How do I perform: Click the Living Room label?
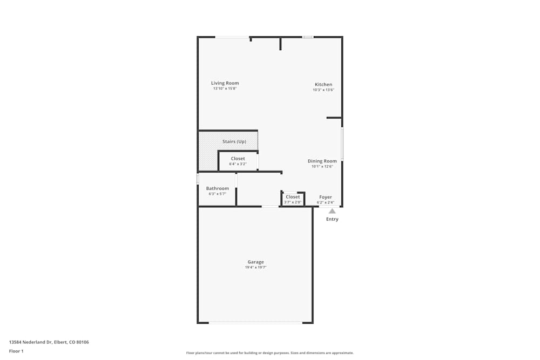pos(225,83)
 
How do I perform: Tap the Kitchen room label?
pos(323,84)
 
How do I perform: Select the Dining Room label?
pos(322,161)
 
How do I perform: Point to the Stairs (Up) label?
pos(234,141)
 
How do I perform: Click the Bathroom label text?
pos(217,188)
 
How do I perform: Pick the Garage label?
pos(255,262)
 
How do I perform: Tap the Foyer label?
pos(325,197)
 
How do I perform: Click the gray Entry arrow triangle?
pos(332,211)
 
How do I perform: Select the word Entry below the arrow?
pos(332,219)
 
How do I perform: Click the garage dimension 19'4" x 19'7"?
pos(255,267)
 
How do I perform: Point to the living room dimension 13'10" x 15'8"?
pos(225,89)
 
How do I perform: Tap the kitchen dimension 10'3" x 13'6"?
pos(323,90)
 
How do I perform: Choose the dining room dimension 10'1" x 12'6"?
pos(322,166)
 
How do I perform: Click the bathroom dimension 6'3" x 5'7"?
pos(217,193)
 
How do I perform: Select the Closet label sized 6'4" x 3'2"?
pos(238,159)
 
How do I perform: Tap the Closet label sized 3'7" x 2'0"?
pos(293,197)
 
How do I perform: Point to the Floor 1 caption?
pos(16,351)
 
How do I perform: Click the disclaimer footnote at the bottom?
pos(269,353)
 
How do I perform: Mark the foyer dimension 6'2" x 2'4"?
pos(325,202)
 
